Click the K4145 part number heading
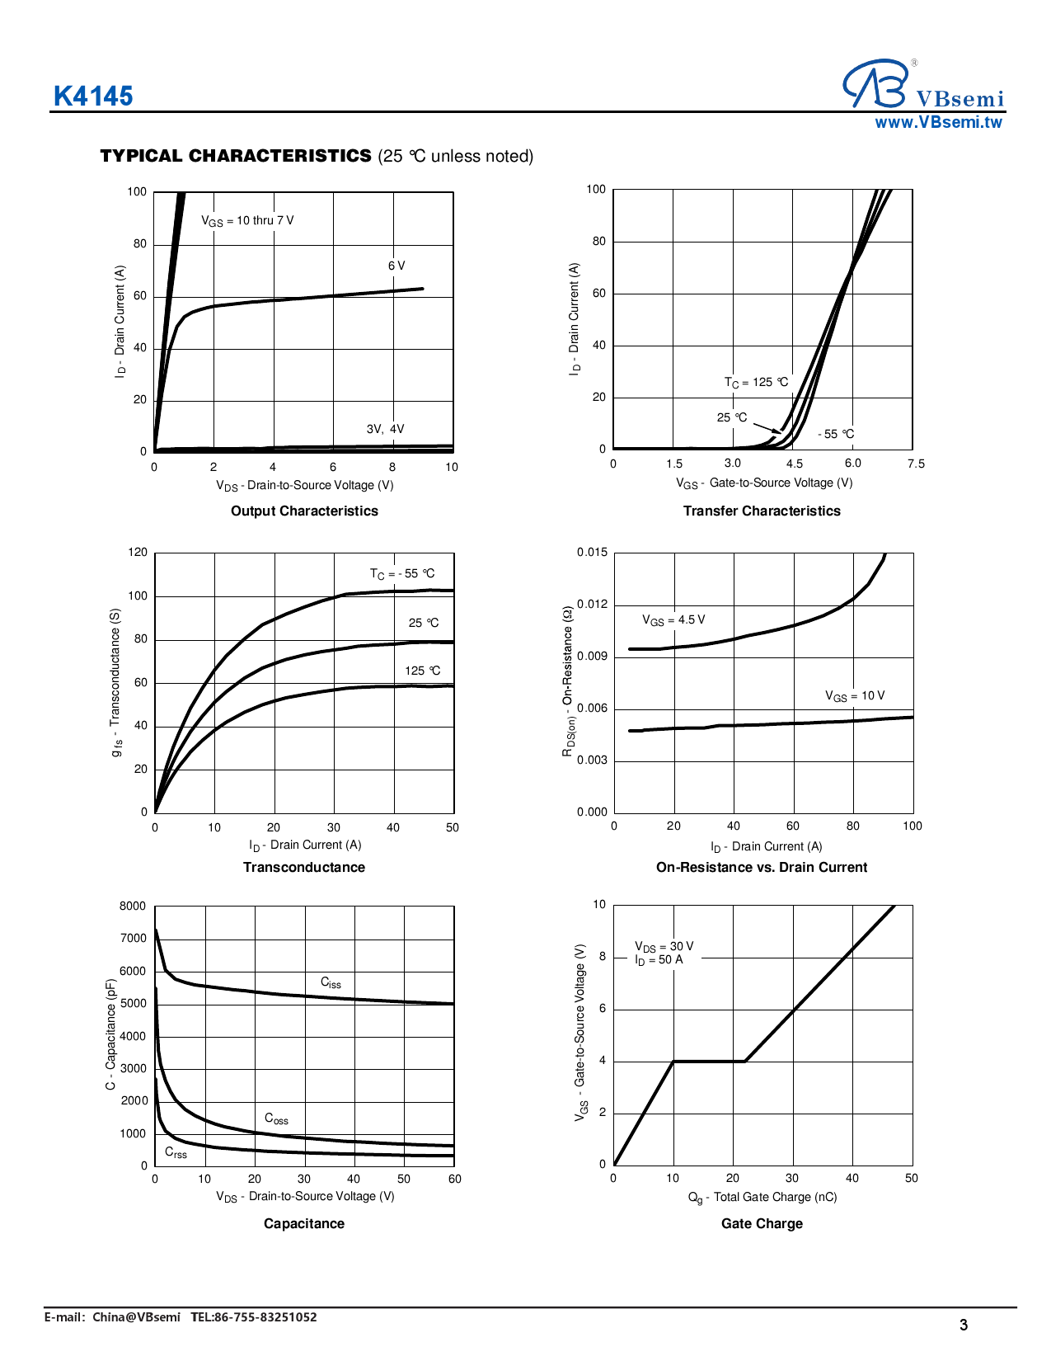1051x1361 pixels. [93, 97]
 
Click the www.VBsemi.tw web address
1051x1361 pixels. [938, 123]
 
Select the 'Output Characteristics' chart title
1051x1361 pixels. [304, 511]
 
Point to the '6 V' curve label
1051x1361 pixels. [396, 266]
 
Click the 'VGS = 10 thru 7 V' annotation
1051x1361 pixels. [247, 221]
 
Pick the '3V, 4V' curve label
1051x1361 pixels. [385, 429]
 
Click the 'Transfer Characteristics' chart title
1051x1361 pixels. [762, 511]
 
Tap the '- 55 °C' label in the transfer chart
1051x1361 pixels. [836, 434]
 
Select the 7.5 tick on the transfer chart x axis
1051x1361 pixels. [916, 464]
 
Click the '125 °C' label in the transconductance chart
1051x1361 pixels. [422, 671]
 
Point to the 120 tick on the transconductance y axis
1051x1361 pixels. [138, 553]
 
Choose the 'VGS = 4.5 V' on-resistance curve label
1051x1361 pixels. [673, 620]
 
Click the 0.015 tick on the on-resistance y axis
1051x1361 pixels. [592, 553]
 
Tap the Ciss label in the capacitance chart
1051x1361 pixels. [331, 982]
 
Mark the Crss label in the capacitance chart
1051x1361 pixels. [176, 1152]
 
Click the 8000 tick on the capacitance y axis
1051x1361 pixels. [133, 907]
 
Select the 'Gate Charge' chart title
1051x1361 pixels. [762, 1224]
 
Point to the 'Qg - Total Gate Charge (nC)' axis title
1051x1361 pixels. [762, 1198]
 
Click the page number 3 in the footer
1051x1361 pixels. [964, 1325]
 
